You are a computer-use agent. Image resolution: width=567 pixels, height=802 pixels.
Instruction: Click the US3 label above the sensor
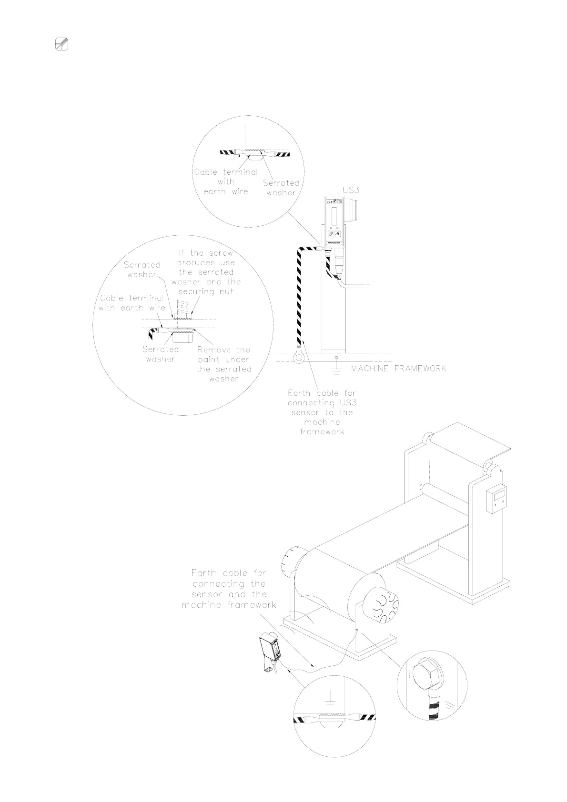point(351,190)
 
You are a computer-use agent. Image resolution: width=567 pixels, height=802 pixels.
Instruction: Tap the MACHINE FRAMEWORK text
point(398,368)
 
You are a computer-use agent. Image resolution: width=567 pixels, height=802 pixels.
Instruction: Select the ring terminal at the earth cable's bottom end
point(299,356)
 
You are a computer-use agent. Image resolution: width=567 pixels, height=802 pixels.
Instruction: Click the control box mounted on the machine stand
point(495,500)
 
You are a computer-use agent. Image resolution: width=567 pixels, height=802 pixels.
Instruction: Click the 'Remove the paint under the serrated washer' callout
point(224,364)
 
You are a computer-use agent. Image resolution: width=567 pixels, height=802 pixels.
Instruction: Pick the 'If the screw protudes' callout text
point(206,272)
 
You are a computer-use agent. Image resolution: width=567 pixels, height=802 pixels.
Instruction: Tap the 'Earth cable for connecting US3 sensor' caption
point(322,412)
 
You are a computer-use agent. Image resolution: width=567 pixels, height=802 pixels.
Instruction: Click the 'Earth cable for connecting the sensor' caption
point(229,589)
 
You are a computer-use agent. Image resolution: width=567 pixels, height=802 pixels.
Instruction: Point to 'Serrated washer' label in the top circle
point(281,188)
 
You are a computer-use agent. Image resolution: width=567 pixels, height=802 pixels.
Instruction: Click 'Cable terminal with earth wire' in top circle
point(225,181)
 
